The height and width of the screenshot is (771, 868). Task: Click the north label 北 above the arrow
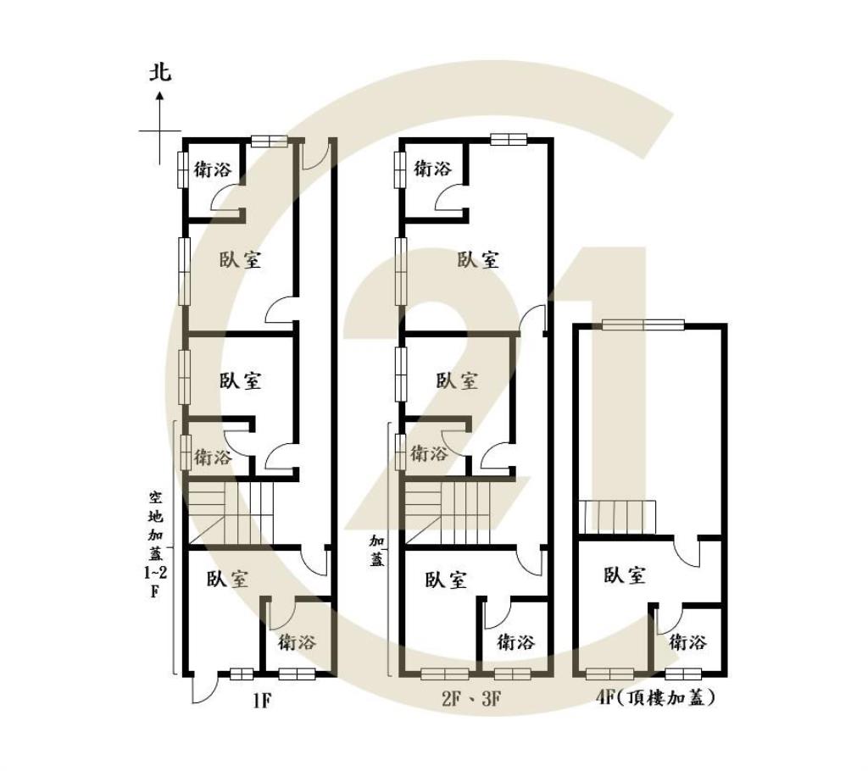(160, 72)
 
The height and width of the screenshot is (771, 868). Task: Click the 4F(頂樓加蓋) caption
(656, 699)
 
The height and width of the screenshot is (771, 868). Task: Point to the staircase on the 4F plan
(618, 517)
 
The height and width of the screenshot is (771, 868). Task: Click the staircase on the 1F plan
(231, 513)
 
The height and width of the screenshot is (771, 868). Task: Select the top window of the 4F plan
(643, 324)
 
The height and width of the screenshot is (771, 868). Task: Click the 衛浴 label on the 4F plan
(687, 642)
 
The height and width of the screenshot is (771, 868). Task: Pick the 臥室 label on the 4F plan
(626, 575)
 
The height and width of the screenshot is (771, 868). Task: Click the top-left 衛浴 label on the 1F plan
(213, 169)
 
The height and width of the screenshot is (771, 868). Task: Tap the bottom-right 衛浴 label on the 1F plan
(297, 642)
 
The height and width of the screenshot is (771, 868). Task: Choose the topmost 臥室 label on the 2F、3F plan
(478, 260)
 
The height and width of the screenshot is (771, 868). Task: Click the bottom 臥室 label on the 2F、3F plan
(447, 580)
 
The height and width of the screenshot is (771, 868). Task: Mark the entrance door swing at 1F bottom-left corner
(202, 688)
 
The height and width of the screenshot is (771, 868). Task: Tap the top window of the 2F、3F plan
(509, 139)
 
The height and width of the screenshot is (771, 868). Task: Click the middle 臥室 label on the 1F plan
(240, 380)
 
